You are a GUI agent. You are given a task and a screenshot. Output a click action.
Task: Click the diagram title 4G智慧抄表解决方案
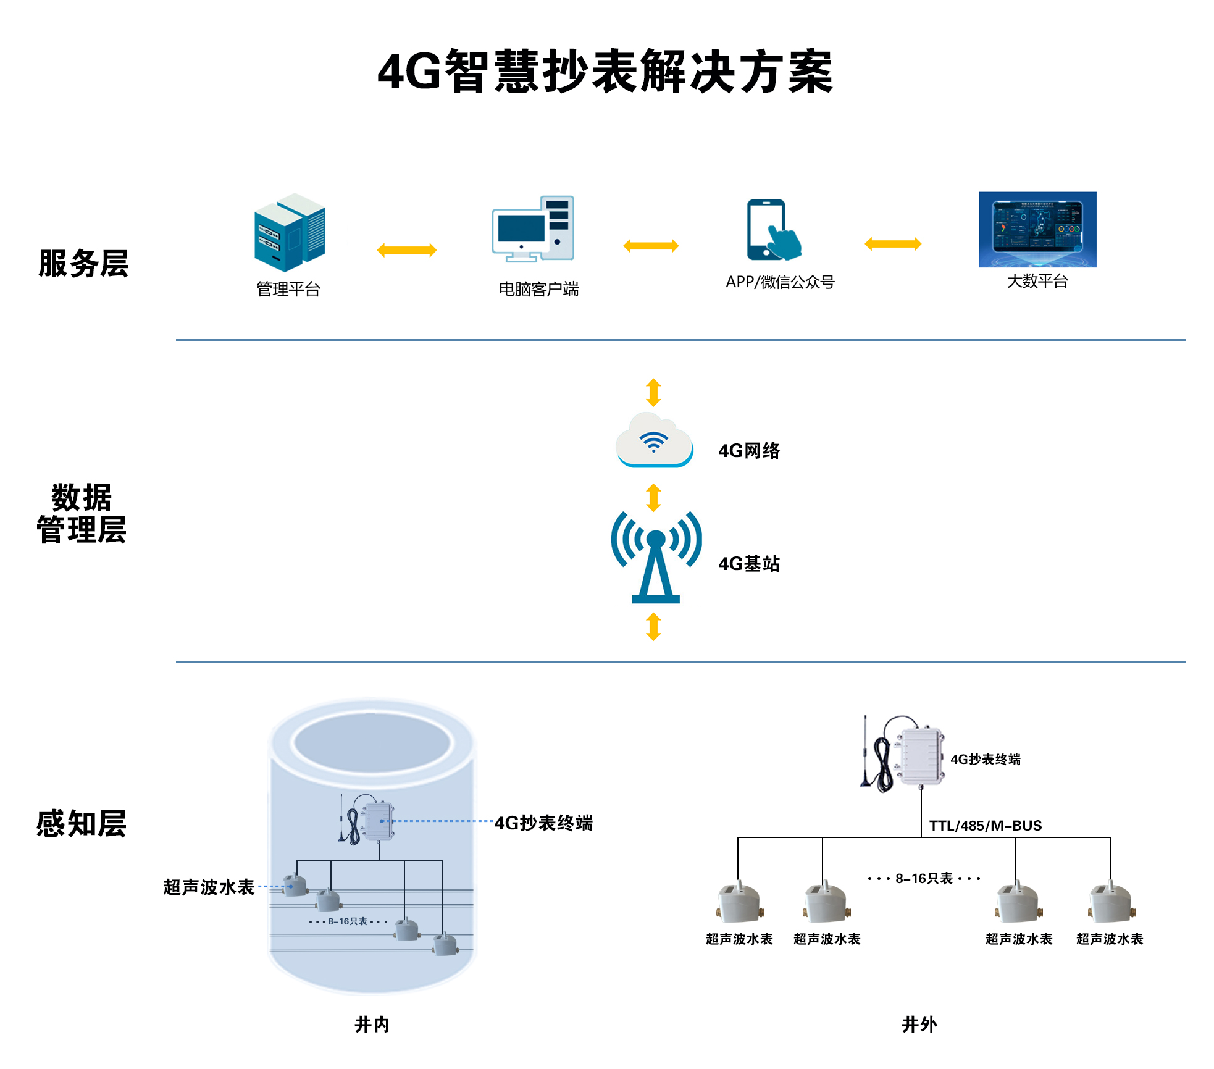click(x=605, y=72)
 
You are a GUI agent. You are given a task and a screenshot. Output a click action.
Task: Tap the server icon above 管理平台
click(x=290, y=232)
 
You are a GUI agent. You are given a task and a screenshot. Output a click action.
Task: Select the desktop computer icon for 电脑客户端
click(x=533, y=229)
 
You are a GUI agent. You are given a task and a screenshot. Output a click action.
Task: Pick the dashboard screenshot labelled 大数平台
click(x=1037, y=229)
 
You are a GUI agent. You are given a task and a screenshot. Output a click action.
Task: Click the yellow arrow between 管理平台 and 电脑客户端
click(x=407, y=250)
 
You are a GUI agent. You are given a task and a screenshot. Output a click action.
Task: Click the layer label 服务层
click(x=83, y=264)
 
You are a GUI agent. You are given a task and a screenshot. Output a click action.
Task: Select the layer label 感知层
click(x=82, y=824)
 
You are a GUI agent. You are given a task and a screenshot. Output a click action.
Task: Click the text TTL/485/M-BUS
click(x=986, y=826)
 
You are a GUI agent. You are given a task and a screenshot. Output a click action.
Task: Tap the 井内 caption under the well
click(x=372, y=1025)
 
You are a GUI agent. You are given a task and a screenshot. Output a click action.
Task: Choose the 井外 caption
click(x=919, y=1025)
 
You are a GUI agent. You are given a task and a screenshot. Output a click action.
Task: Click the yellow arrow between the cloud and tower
click(x=653, y=498)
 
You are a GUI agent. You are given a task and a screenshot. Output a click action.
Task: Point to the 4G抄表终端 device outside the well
click(x=920, y=757)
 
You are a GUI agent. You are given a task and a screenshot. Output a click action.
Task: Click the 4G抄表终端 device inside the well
click(x=377, y=821)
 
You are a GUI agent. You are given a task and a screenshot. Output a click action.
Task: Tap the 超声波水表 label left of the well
click(x=209, y=887)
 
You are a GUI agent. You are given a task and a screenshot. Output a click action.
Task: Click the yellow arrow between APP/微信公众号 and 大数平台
click(x=893, y=244)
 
